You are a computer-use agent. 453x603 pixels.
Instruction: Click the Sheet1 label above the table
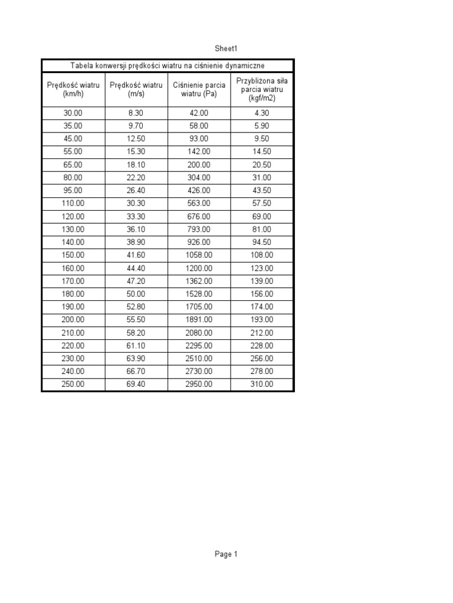tap(226, 49)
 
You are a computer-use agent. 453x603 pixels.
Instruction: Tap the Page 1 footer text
tap(226, 554)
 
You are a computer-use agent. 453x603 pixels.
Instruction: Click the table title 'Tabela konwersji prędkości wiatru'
tap(168, 65)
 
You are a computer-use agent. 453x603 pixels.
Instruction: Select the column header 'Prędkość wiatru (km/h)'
tap(74, 90)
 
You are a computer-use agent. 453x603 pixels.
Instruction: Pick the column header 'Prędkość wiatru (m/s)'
tap(136, 90)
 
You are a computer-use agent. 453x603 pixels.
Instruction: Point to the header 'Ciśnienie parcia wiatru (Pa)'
tap(199, 90)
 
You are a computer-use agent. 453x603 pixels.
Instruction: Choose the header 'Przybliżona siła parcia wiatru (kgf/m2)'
tap(262, 89)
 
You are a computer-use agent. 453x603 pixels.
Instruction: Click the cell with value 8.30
tap(136, 113)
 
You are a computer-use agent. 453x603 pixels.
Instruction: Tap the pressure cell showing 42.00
tap(199, 113)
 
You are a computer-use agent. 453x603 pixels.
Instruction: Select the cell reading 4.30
tap(262, 113)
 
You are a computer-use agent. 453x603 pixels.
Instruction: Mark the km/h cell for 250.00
tap(74, 385)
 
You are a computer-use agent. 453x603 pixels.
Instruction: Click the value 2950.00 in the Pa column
tap(199, 385)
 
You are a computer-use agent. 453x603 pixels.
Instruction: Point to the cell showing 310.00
tap(262, 385)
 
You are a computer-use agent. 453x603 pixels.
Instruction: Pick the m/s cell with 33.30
tap(136, 216)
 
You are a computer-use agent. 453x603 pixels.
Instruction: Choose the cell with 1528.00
tap(199, 294)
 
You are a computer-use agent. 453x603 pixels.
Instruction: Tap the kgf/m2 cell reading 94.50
tap(262, 242)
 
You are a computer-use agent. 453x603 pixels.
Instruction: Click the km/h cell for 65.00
tap(74, 165)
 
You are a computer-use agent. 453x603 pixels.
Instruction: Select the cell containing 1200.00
tap(199, 268)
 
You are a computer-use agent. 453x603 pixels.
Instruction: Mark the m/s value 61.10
tap(136, 346)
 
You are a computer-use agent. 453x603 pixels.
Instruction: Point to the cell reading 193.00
tap(262, 320)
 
